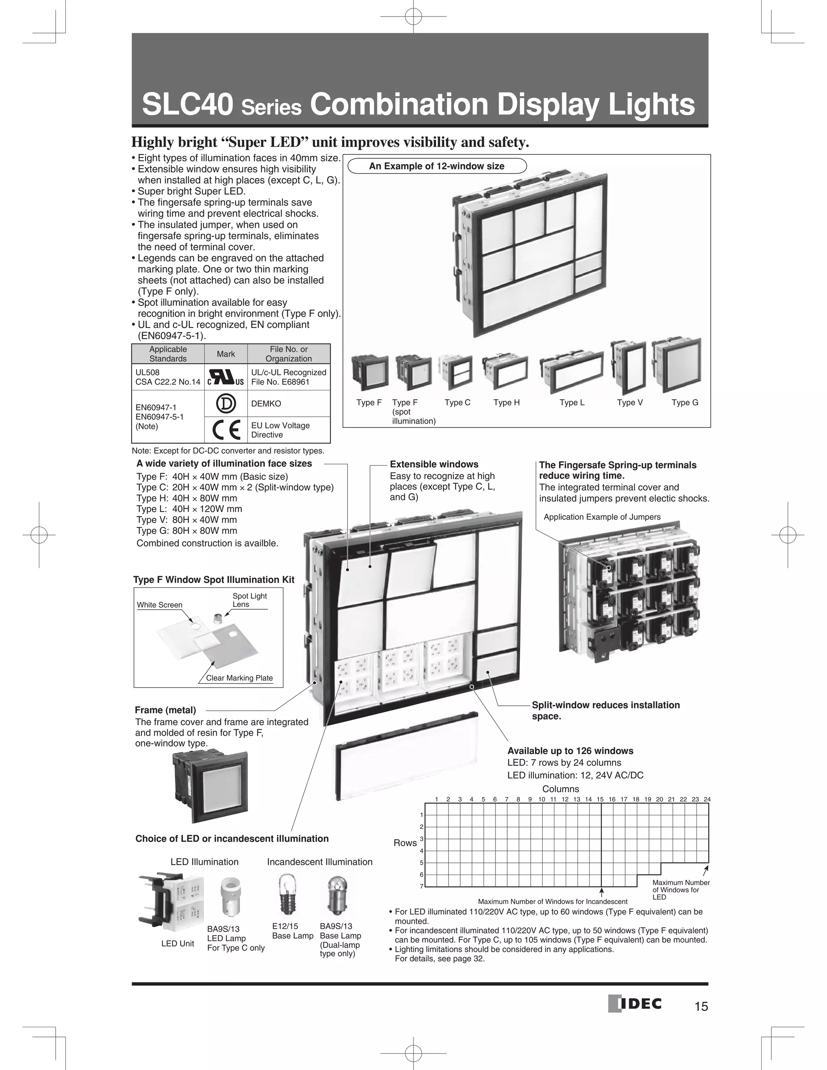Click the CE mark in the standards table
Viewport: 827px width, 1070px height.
coord(226,430)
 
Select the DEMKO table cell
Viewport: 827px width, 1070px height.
coord(289,403)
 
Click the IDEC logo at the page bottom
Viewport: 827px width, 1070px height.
coord(635,1004)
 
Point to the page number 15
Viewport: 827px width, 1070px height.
coord(701,1006)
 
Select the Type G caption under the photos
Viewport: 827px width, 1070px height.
coord(684,403)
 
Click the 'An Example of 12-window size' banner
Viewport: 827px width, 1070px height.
coord(437,166)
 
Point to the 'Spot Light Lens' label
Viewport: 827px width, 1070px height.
coord(250,600)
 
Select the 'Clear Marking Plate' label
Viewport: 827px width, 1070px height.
coord(239,678)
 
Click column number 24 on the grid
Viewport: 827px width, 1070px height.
coord(707,799)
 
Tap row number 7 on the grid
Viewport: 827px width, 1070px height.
coord(421,886)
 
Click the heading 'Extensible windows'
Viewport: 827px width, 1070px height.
coord(434,464)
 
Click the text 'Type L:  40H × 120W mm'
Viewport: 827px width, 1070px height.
coord(189,509)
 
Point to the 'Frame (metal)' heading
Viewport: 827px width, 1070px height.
coord(165,710)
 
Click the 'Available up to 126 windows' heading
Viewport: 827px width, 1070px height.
coord(570,751)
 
